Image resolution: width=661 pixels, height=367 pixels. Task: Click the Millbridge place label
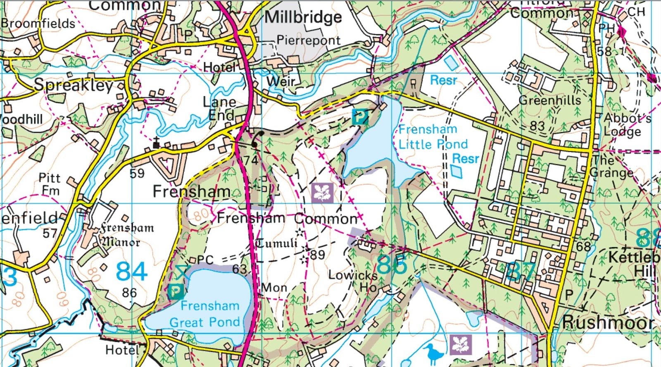(303, 17)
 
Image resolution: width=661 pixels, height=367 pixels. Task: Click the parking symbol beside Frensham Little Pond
(359, 117)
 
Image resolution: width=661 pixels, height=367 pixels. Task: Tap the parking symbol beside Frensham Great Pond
(176, 292)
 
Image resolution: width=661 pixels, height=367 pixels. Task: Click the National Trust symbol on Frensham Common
(322, 193)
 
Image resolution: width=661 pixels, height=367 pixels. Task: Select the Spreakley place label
(74, 85)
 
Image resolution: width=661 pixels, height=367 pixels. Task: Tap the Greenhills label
(549, 100)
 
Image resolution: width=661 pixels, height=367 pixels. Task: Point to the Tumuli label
(276, 243)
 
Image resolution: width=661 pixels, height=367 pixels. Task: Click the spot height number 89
(317, 255)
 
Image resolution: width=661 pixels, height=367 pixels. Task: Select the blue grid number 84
(131, 272)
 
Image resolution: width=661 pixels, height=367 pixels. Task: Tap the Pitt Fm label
(50, 184)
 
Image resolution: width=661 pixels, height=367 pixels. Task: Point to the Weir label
(281, 81)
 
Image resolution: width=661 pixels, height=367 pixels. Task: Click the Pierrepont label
(309, 40)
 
